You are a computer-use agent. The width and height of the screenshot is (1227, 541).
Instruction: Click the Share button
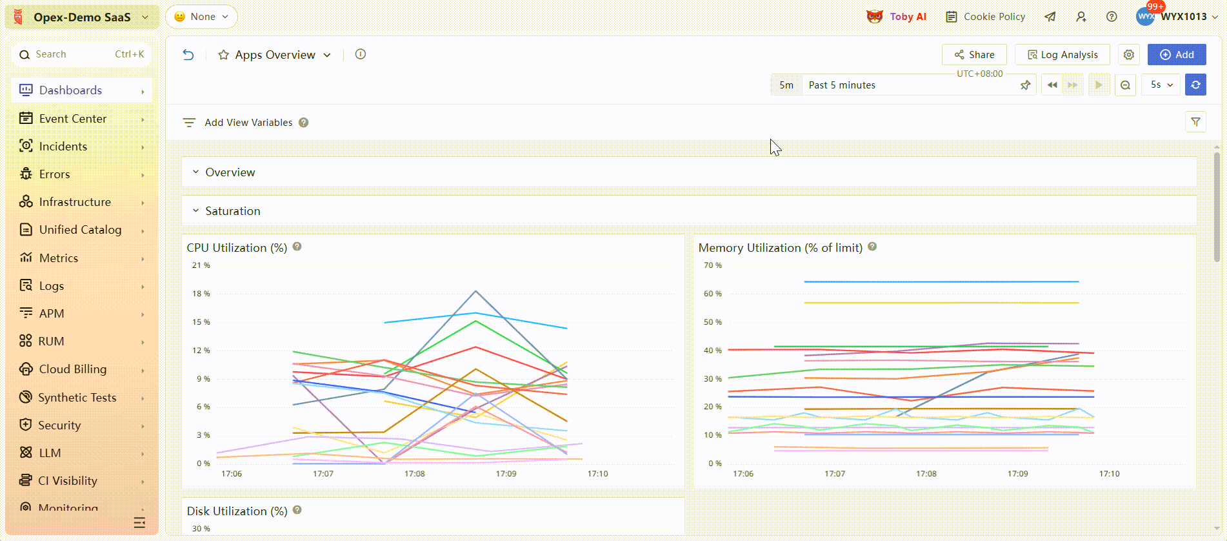pyautogui.click(x=974, y=55)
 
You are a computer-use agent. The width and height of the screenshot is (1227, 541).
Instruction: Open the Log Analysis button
pyautogui.click(x=1062, y=55)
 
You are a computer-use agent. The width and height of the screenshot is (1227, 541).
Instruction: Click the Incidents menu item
pyautogui.click(x=63, y=147)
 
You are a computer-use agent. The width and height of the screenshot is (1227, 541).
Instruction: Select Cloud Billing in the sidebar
pyautogui.click(x=73, y=369)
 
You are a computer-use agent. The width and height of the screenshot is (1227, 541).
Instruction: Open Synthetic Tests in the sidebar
pyautogui.click(x=77, y=398)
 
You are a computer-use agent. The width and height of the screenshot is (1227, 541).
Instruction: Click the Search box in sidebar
pyautogui.click(x=81, y=54)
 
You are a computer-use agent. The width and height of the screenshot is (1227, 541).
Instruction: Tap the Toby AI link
pyautogui.click(x=897, y=17)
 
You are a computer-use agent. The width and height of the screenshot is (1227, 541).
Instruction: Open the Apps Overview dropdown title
pyautogui.click(x=275, y=55)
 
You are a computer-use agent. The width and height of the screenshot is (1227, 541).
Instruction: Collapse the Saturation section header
pyautogui.click(x=232, y=211)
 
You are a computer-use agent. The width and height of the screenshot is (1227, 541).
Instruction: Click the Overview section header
pyautogui.click(x=230, y=172)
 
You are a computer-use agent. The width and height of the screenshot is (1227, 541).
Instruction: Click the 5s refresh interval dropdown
pyautogui.click(x=1161, y=85)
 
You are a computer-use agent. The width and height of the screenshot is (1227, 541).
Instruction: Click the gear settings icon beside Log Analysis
pyautogui.click(x=1128, y=55)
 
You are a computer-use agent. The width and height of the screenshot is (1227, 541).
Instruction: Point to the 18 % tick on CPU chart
pyautogui.click(x=201, y=294)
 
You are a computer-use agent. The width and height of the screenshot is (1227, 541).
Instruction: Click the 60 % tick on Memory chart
pyautogui.click(x=713, y=294)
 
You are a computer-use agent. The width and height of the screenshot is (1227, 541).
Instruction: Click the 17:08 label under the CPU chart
pyautogui.click(x=414, y=474)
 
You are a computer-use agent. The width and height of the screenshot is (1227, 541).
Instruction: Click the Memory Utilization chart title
pyautogui.click(x=780, y=248)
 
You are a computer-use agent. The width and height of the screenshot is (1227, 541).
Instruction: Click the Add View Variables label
pyautogui.click(x=248, y=123)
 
